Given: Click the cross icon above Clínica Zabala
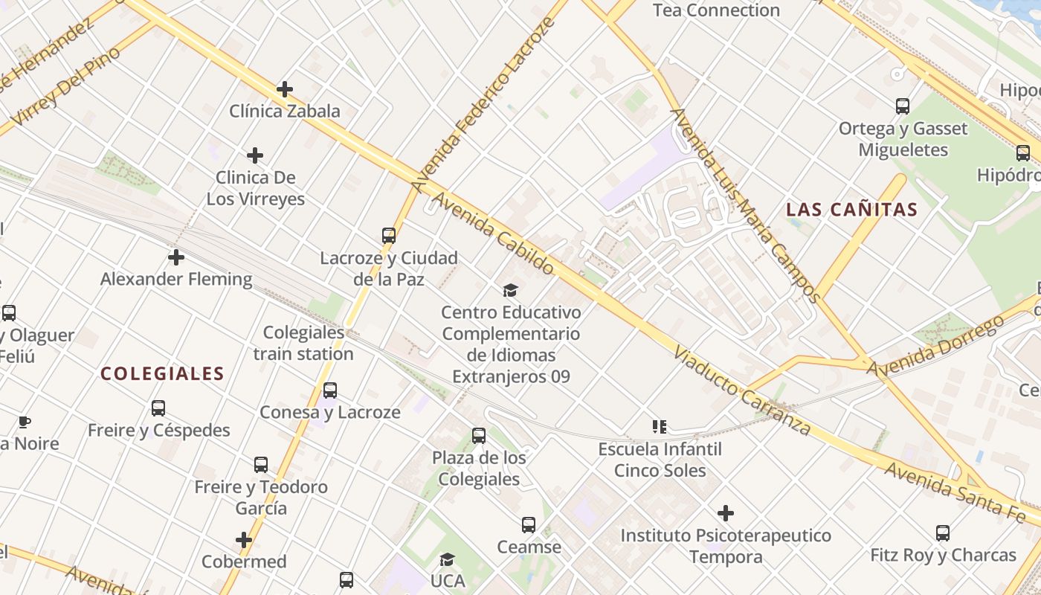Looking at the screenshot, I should [x=284, y=90].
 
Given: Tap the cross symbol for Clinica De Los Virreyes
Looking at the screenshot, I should [x=255, y=155].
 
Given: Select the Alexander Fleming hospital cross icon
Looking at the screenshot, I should [x=176, y=257].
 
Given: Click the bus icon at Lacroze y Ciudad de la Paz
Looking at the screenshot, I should [x=389, y=236].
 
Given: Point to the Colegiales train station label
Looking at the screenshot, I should [x=303, y=343].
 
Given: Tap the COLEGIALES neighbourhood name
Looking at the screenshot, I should [x=162, y=373].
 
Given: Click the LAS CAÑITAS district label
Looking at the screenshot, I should [x=852, y=210].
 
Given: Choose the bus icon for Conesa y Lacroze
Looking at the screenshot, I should [x=330, y=390].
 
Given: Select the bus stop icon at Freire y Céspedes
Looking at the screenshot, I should [x=158, y=408].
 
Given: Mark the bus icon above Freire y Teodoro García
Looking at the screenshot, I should [x=261, y=465].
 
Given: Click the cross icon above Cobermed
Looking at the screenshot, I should [x=244, y=539].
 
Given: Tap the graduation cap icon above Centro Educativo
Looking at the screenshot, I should [x=511, y=289].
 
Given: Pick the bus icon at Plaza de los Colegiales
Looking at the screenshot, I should [x=479, y=436].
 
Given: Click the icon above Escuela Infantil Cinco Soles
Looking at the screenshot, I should [x=660, y=427].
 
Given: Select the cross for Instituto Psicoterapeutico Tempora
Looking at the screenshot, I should [x=726, y=513].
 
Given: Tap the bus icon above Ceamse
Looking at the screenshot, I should [x=529, y=525].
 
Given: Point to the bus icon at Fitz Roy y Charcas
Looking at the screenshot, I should [x=943, y=533].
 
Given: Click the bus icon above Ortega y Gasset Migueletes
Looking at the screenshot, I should [x=903, y=106].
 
